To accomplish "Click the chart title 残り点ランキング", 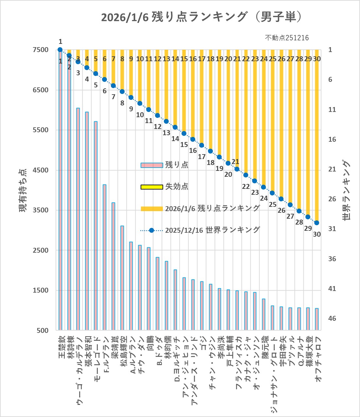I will [201, 17].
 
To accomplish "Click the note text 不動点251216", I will [286, 38].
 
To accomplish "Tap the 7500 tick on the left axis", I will [41, 50].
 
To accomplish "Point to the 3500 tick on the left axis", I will [41, 210].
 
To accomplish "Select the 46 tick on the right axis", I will [332, 318].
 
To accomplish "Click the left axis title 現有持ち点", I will [23, 190].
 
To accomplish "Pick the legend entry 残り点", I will [177, 165].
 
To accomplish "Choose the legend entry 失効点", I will [177, 187].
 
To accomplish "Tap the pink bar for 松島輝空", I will [122, 278].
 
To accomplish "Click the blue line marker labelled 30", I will [317, 223].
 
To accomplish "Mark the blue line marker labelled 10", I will [140, 103].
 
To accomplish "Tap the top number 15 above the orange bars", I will [184, 59].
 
